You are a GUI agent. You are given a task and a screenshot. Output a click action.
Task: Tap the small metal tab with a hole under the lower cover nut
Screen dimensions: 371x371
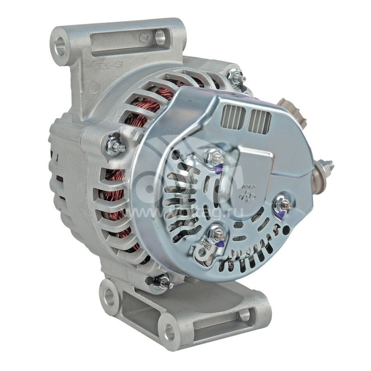pos(203,250)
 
